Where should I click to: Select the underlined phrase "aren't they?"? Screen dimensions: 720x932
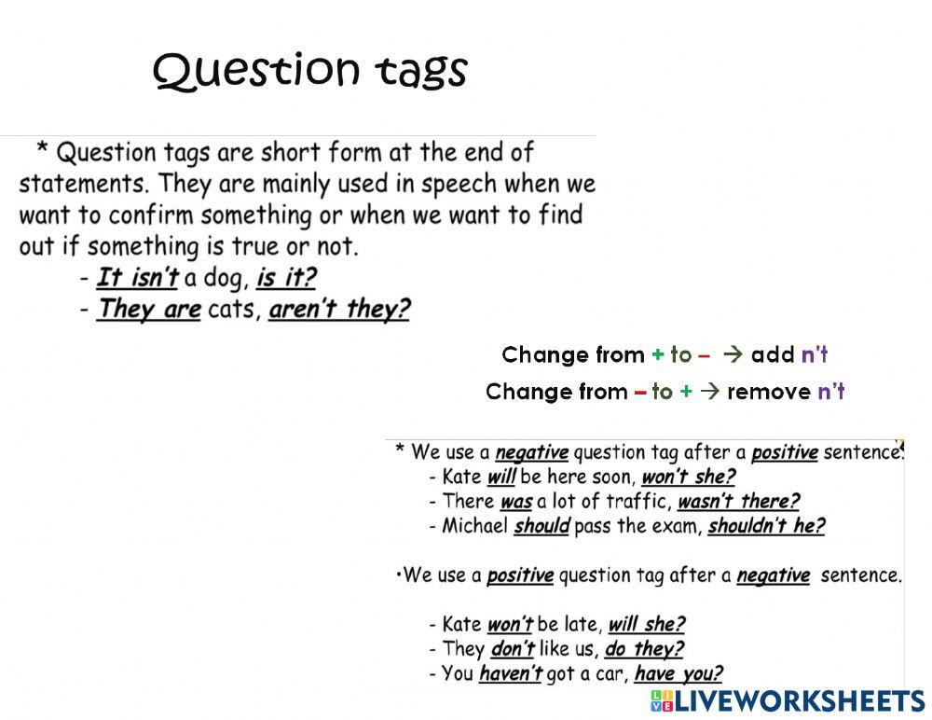coord(339,309)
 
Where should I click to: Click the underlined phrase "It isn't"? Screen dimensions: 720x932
coord(137,277)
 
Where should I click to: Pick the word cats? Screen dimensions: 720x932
coord(233,309)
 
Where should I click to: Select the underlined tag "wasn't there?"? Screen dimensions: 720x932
coord(738,501)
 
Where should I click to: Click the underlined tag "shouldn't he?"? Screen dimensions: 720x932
coord(766,525)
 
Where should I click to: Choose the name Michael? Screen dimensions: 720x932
coord(475,525)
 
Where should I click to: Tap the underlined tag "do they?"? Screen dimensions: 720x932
coord(644,648)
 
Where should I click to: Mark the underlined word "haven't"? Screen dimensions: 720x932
coord(510,672)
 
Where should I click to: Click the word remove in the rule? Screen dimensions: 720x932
coord(769,392)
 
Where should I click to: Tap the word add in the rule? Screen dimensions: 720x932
coord(772,354)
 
